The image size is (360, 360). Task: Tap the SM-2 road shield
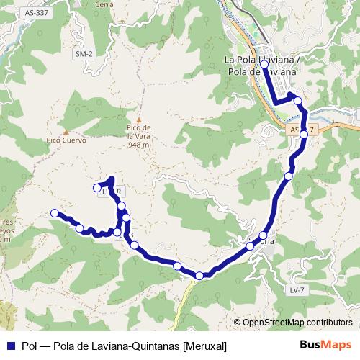click(84, 54)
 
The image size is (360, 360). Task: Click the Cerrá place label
click(104, 4)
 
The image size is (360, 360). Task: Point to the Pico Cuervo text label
click(64, 142)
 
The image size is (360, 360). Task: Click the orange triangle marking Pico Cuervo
click(66, 132)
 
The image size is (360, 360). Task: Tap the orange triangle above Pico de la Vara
click(139, 120)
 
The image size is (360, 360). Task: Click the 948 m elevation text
click(138, 145)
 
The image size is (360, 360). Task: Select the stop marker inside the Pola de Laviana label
click(264, 65)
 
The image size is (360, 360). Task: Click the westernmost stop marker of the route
click(54, 212)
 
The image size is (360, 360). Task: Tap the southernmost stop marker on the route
click(199, 275)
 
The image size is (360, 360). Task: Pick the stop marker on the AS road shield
click(304, 134)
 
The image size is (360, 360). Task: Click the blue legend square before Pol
click(9, 346)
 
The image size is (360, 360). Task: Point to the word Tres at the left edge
click(6, 222)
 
